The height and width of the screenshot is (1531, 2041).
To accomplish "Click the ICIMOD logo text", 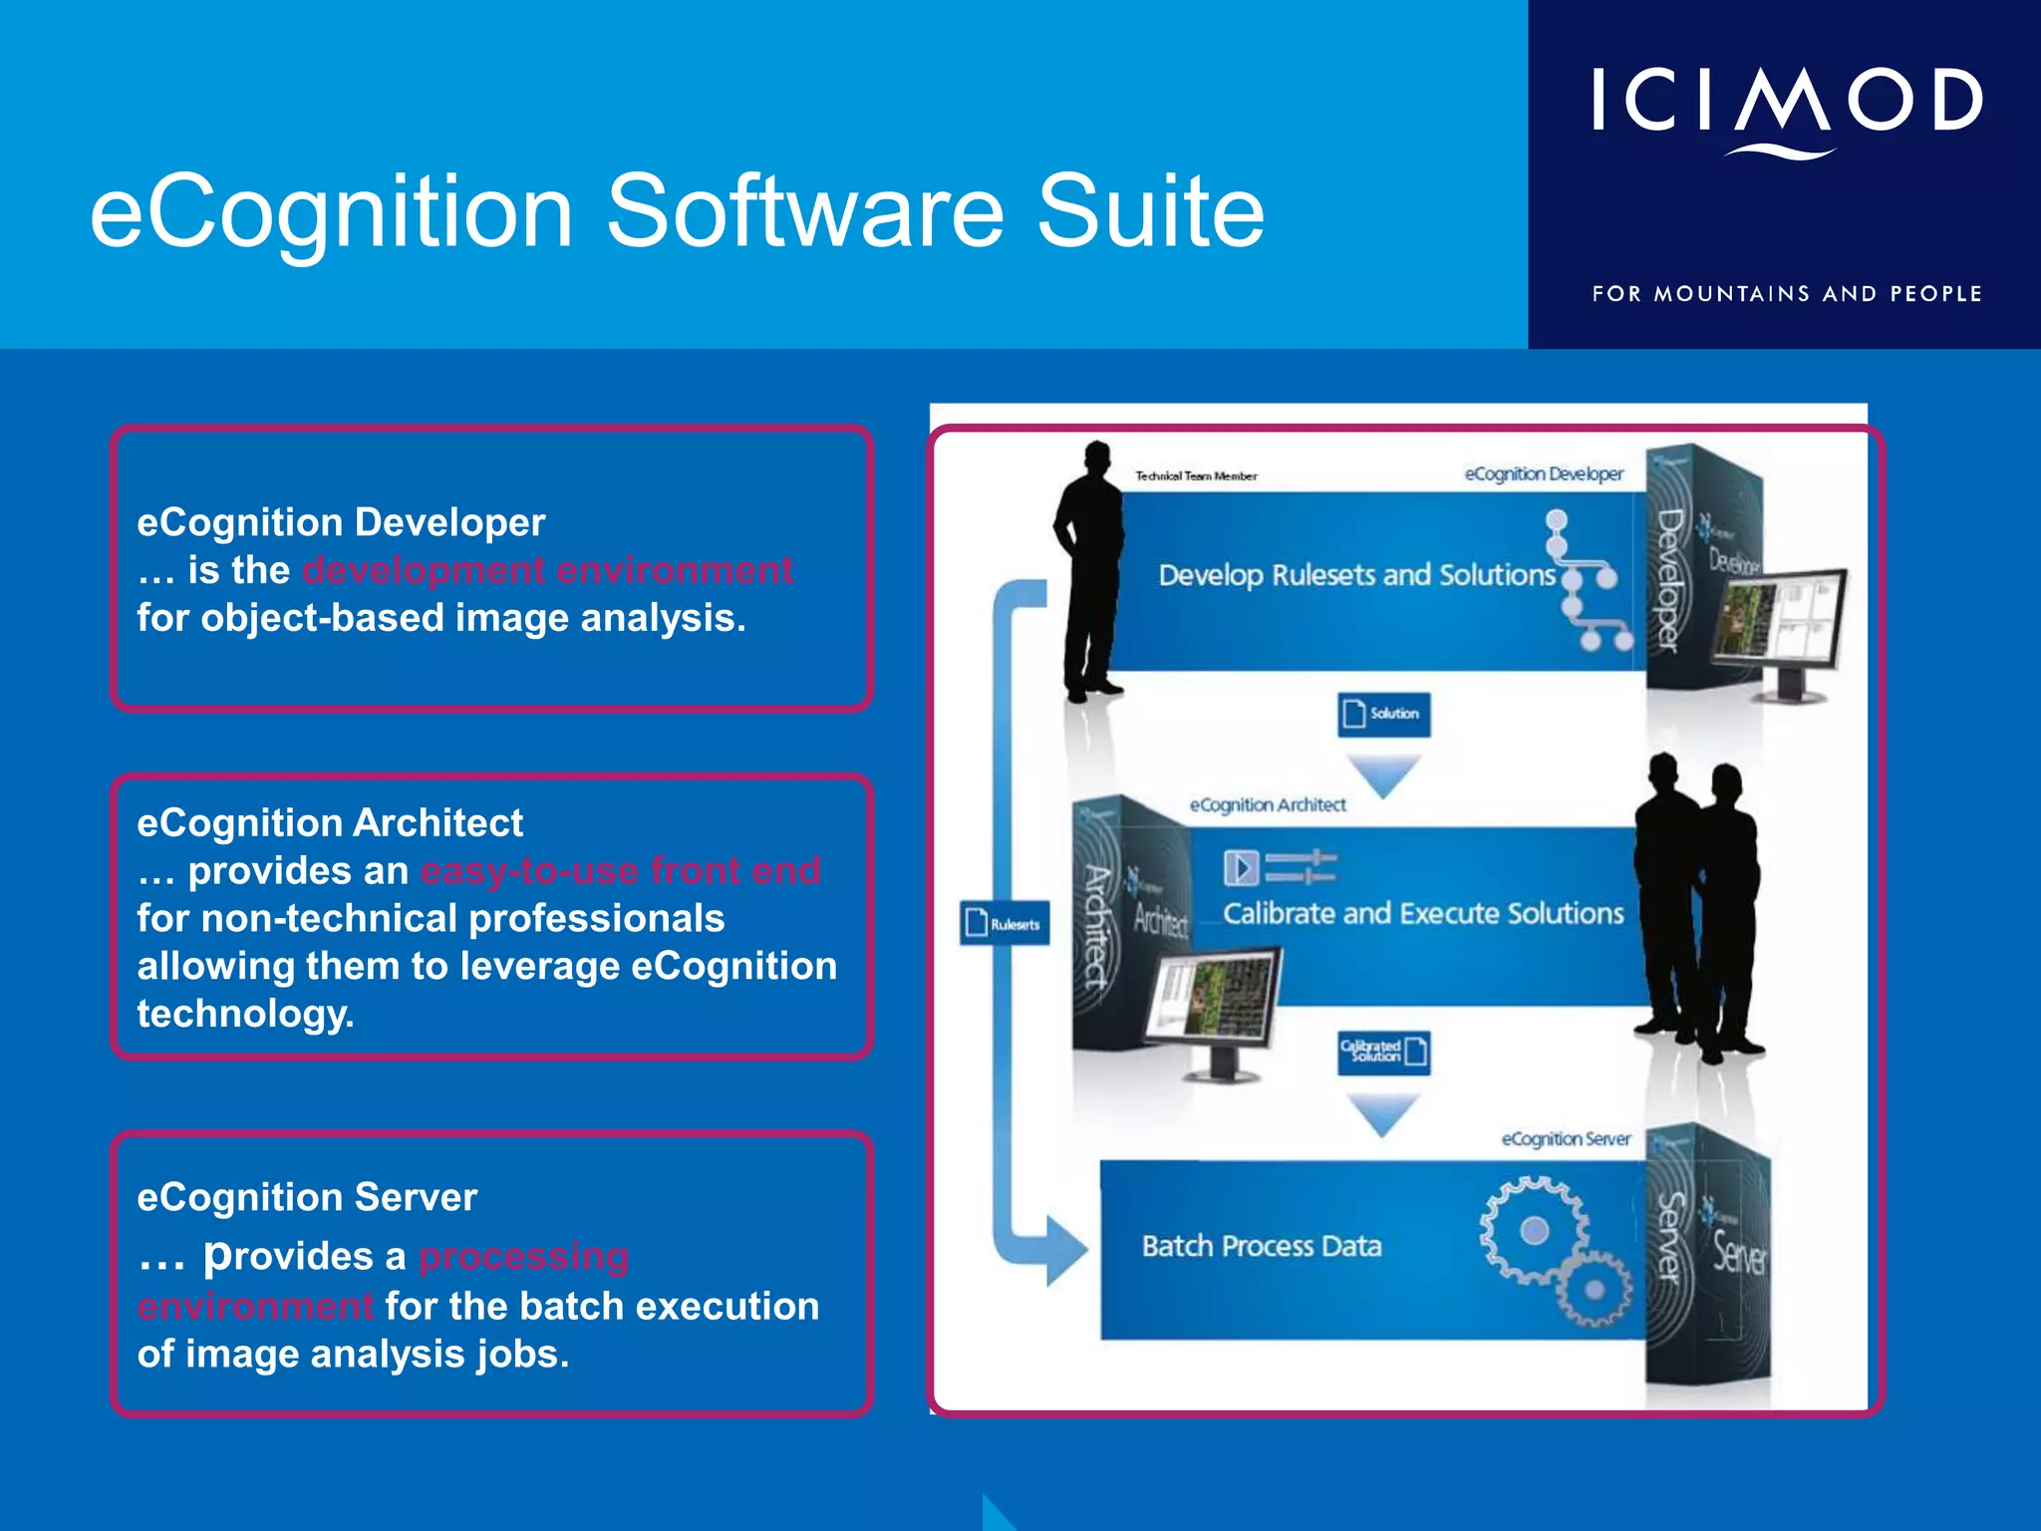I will (x=1786, y=101).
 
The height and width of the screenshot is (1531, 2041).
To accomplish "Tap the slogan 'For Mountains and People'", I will (x=1786, y=294).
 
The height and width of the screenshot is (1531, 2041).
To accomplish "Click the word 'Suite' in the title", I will (x=1150, y=211).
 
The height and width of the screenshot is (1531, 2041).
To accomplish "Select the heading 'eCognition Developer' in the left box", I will (x=341, y=522).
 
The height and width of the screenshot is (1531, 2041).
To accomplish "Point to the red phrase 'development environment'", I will (x=548, y=570).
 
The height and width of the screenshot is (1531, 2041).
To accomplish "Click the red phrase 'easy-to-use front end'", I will (x=620, y=871).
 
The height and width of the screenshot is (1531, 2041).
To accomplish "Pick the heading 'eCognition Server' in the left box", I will (x=307, y=1197).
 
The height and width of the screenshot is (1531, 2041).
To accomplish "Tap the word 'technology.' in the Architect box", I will (x=245, y=1014).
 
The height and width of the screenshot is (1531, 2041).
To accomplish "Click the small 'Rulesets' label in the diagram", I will (x=1005, y=924).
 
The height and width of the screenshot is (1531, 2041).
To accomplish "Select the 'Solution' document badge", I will (x=1383, y=714).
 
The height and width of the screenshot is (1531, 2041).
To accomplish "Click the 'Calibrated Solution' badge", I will (x=1383, y=1052).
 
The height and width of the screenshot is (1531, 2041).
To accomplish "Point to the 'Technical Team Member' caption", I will (x=1196, y=476).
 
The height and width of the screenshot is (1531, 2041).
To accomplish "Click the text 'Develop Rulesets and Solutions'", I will (x=1356, y=575).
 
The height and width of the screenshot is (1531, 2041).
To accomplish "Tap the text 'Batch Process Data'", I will (x=1262, y=1246).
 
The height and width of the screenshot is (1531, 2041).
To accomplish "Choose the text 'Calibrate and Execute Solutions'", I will (x=1423, y=913).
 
